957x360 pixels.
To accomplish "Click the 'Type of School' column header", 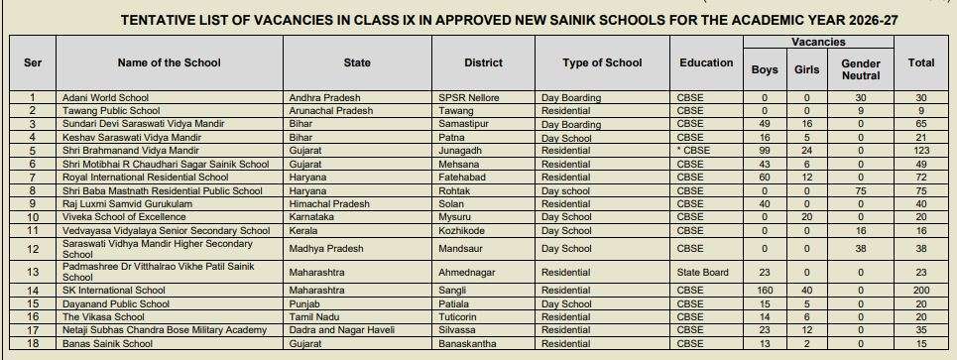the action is tap(602, 62).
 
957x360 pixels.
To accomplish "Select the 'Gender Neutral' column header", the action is tap(860, 68).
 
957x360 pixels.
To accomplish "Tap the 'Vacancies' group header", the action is tap(817, 43).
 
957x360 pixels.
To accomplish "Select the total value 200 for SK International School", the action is tap(921, 291).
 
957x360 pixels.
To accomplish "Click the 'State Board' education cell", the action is tap(702, 273).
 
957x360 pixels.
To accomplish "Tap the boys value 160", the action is tap(765, 291).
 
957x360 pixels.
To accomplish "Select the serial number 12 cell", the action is tap(33, 249).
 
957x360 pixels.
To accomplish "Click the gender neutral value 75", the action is tap(860, 190).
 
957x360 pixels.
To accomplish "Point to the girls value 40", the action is tap(807, 291).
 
